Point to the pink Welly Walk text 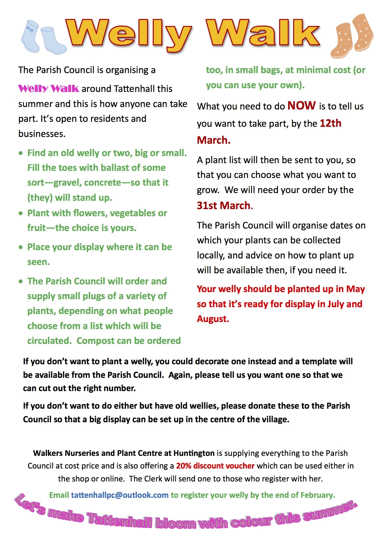tap(48, 89)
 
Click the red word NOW tap(301, 106)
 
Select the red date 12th tap(330, 123)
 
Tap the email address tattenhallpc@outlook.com tap(120, 495)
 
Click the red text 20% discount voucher tap(215, 466)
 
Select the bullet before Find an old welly tap(21, 153)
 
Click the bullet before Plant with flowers tap(21, 213)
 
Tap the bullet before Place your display tap(21, 247)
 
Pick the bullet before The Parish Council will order tap(21, 281)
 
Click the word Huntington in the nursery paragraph tap(194, 453)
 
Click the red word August tap(213, 319)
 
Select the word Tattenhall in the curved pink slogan tap(120, 520)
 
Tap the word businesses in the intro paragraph tap(41, 134)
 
